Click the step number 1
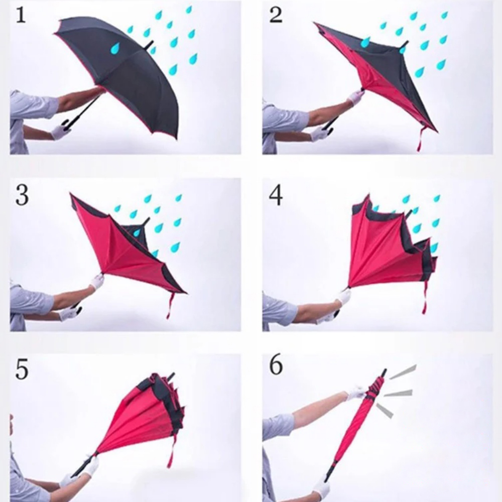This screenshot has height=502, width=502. point(21,15)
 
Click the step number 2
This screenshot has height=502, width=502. point(276,15)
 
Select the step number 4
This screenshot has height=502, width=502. point(276,195)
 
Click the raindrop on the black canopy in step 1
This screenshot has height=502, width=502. point(115,48)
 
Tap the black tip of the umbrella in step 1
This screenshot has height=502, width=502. point(149,45)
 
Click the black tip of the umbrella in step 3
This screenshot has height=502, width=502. point(146,221)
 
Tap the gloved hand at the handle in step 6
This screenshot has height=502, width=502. point(321,489)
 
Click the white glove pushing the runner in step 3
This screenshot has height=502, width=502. point(97,281)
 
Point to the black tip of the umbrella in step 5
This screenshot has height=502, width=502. point(172,376)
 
